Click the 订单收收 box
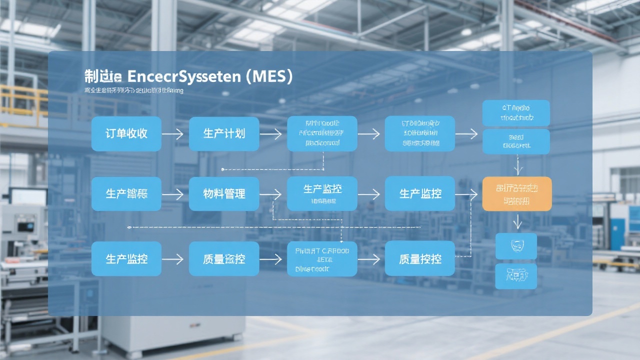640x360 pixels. [126, 134]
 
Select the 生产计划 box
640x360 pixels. [224, 134]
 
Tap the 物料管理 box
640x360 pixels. [224, 194]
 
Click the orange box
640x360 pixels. [517, 194]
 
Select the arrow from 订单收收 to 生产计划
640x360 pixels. [172, 134]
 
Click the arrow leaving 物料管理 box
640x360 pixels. [270, 194]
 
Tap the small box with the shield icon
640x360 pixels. [515, 246]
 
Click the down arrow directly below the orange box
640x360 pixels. [518, 221]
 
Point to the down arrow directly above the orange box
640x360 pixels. [518, 164]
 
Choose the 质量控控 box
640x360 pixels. [420, 259]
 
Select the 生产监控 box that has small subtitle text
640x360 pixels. [322, 194]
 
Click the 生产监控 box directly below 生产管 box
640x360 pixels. [126, 259]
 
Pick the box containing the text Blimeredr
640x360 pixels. [322, 259]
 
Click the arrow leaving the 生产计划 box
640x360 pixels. [270, 134]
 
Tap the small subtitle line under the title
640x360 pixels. [133, 91]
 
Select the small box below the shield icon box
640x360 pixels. [515, 275]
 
